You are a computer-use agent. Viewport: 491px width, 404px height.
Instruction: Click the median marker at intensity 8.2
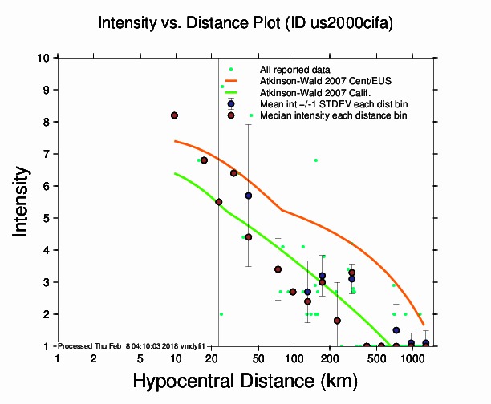(174, 115)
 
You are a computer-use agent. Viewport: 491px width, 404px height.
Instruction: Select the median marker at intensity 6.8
(204, 160)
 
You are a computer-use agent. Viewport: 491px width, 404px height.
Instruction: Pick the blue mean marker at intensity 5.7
(249, 196)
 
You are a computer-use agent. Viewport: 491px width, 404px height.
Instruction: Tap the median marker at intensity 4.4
(249, 237)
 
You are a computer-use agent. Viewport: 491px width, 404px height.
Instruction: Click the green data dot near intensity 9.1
(222, 87)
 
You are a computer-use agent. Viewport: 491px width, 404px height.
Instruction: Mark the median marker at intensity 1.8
(337, 321)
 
